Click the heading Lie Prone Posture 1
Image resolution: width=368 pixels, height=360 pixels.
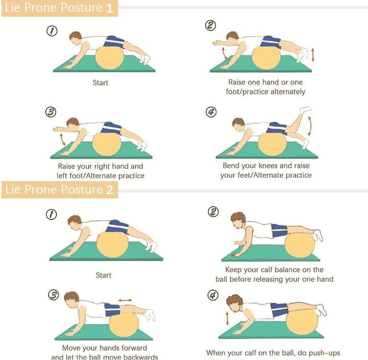coord(59,8)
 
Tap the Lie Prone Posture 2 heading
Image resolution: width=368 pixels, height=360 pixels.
coord(59,190)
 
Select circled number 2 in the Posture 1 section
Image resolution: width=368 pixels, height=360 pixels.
coord(210,26)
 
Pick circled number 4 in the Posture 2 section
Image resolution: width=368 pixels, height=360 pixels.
coord(213,295)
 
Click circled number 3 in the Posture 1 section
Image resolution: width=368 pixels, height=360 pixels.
coord(51,112)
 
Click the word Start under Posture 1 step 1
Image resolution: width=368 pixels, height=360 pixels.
coord(101,83)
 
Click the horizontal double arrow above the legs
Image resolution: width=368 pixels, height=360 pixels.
coord(125,300)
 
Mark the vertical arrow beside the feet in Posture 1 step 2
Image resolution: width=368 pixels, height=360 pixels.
coord(313,55)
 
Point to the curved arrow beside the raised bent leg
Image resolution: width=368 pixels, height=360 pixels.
coord(310,126)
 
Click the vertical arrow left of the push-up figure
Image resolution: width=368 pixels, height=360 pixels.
coord(227,318)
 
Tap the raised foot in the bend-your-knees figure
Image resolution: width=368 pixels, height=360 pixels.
coord(306,109)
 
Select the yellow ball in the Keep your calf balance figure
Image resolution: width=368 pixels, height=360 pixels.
coord(300,246)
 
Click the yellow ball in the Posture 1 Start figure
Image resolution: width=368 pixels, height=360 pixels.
coord(109,58)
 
